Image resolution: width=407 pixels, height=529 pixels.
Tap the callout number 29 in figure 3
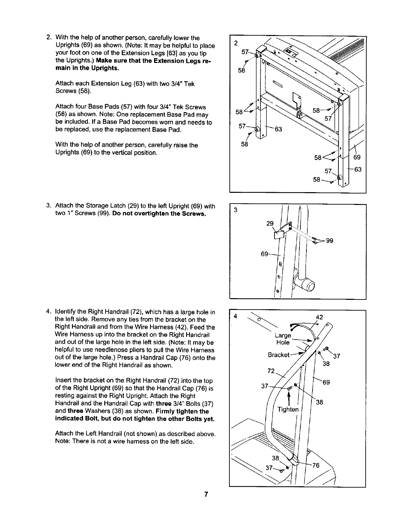(270, 223)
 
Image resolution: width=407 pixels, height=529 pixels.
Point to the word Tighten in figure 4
(288, 409)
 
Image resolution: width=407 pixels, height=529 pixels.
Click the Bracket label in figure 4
(279, 355)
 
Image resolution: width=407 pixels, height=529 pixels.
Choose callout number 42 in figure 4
(320, 317)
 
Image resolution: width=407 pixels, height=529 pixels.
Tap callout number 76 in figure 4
(316, 465)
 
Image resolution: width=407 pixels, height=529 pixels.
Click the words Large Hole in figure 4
(283, 339)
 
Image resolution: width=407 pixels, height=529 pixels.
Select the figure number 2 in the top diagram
(235, 43)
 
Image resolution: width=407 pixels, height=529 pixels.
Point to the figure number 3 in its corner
(235, 210)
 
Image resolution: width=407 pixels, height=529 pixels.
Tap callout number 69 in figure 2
(357, 157)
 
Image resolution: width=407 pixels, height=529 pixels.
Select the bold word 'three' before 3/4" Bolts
(163, 403)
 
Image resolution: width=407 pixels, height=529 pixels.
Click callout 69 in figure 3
(265, 254)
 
